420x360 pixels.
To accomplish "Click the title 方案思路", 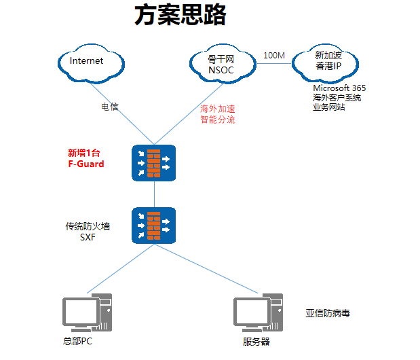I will coord(179,15).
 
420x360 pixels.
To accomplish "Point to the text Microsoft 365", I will coord(339,88).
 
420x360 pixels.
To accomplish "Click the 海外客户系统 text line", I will coord(337,98).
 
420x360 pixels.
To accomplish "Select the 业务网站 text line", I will coord(328,107).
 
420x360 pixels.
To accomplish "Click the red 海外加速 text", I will coord(217,109).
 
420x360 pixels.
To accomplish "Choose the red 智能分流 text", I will coord(217,120).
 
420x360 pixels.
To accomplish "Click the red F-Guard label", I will coord(86,164).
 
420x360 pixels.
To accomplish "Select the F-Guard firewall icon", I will coord(153,163).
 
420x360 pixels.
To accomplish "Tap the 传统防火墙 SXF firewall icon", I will coord(153,226).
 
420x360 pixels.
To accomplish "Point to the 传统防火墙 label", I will coord(88,226).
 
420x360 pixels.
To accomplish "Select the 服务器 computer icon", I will coord(258,313).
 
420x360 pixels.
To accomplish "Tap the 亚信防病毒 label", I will coord(328,313).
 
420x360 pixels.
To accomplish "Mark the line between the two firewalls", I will coord(154,194).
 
